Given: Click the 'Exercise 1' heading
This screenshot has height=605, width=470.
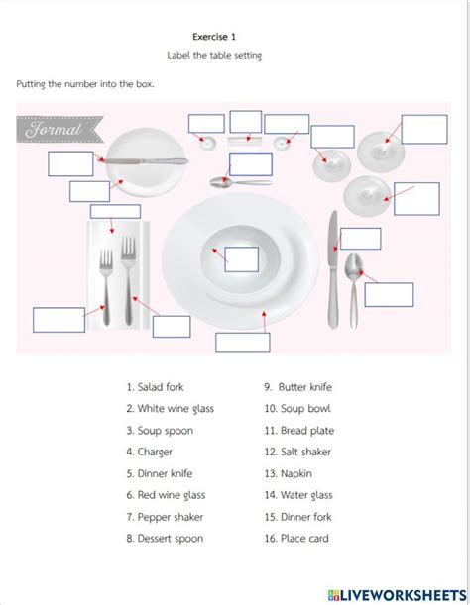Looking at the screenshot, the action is [214, 37].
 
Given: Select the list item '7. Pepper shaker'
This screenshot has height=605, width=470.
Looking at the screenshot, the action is [165, 517].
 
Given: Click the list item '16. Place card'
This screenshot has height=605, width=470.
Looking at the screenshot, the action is [296, 539].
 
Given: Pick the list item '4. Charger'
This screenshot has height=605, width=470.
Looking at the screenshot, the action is [149, 452].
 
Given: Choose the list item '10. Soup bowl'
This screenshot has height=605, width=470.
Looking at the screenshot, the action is [297, 409].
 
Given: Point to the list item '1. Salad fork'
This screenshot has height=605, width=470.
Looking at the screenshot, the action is [155, 387].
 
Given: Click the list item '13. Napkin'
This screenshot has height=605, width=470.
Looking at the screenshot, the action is [288, 474].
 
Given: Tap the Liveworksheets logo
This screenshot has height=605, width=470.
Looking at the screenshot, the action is [397, 595].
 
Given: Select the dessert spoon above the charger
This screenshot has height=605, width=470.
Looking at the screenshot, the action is [240, 181].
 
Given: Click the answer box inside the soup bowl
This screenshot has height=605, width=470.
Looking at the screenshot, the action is [242, 259].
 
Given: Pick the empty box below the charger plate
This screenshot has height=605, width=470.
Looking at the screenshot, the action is [243, 342].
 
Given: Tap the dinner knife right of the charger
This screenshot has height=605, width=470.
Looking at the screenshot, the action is [333, 269].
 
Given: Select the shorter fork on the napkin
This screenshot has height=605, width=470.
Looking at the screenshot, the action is [106, 286].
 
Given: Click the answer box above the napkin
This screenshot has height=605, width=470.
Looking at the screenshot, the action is [115, 212].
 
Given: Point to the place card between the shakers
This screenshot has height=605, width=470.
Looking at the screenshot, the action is [244, 142].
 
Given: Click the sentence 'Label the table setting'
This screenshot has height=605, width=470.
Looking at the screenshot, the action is [214, 56].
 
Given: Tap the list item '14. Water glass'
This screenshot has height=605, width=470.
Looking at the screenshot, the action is [298, 495].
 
